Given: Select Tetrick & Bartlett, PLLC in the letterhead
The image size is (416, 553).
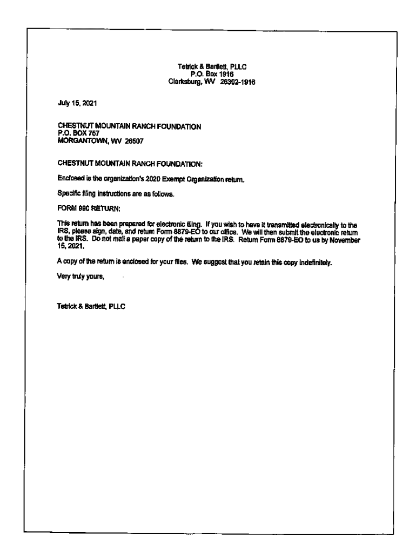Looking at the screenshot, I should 212,67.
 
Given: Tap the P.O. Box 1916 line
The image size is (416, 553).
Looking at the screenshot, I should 212,75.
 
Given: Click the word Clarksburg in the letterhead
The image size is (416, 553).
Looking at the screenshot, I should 185,82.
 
